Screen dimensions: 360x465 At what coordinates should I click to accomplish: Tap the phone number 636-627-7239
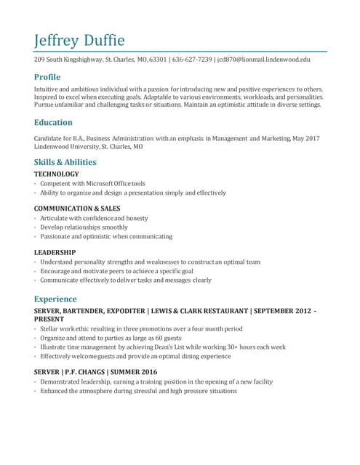[x=193, y=60]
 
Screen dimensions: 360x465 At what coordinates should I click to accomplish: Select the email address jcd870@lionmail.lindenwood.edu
[x=264, y=60]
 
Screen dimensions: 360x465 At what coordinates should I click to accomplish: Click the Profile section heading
[x=47, y=77]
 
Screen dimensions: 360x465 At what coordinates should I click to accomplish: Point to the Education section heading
[x=53, y=122]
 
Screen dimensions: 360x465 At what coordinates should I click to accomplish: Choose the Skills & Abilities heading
[x=65, y=162]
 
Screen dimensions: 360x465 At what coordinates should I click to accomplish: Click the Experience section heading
[x=55, y=299]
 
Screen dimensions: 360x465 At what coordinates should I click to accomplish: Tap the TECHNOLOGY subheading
[x=57, y=174]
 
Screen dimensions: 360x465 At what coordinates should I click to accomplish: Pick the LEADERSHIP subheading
[x=55, y=252]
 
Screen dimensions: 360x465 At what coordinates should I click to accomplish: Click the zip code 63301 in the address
[x=159, y=60]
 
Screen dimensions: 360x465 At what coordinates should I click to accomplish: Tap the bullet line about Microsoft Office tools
[x=92, y=184]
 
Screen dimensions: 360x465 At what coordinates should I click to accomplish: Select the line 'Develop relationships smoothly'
[x=84, y=227]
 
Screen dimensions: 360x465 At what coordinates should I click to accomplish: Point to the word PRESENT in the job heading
[x=49, y=319]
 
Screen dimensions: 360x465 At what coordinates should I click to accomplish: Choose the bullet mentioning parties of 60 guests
[x=111, y=338]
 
